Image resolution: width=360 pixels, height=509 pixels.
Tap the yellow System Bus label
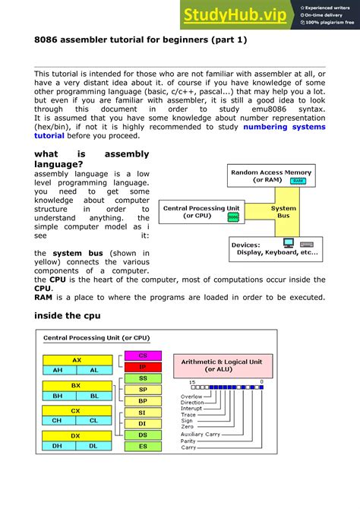point(283,212)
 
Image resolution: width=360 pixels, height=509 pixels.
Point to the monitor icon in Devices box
point(288,244)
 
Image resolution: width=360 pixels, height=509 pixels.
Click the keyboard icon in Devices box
point(307,244)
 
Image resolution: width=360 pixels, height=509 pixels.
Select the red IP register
point(143,366)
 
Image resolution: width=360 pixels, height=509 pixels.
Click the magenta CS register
point(143,355)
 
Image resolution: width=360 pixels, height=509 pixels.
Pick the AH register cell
point(58,370)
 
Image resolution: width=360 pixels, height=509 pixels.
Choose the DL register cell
point(94,446)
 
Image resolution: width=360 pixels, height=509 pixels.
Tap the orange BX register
point(76,385)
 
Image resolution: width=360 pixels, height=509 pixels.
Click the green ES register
point(143,446)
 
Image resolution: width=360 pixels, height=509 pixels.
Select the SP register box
point(143,389)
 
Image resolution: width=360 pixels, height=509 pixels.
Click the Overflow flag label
point(192,396)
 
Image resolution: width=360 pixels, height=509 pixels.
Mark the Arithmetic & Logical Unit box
point(221,365)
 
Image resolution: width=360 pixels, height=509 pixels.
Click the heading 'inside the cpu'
point(67,315)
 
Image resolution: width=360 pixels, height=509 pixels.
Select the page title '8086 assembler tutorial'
point(141,39)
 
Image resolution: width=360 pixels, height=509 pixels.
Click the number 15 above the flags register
point(192,381)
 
